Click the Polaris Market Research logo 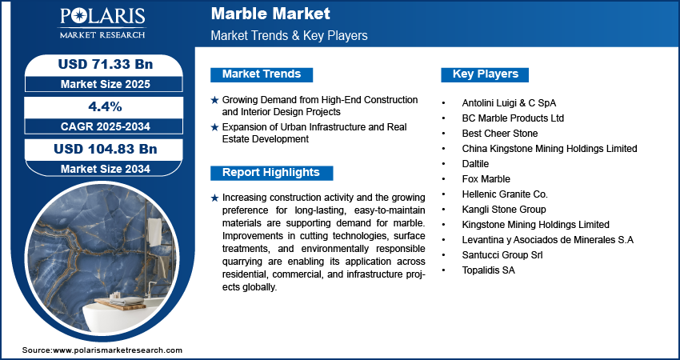click(x=102, y=23)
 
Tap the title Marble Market click(x=270, y=14)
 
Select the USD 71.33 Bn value click(x=106, y=64)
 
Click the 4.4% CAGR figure click(x=105, y=106)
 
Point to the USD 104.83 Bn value click(x=106, y=150)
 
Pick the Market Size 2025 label click(x=106, y=84)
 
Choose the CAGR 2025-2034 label click(x=106, y=126)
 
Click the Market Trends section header click(x=262, y=74)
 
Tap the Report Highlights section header click(x=271, y=173)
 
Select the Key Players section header click(x=486, y=74)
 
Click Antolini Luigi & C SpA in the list click(x=509, y=103)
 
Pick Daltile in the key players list click(x=475, y=164)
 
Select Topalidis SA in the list click(x=488, y=270)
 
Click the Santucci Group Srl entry click(x=502, y=255)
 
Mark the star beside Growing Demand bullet click(x=214, y=100)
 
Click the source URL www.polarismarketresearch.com click(x=118, y=350)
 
